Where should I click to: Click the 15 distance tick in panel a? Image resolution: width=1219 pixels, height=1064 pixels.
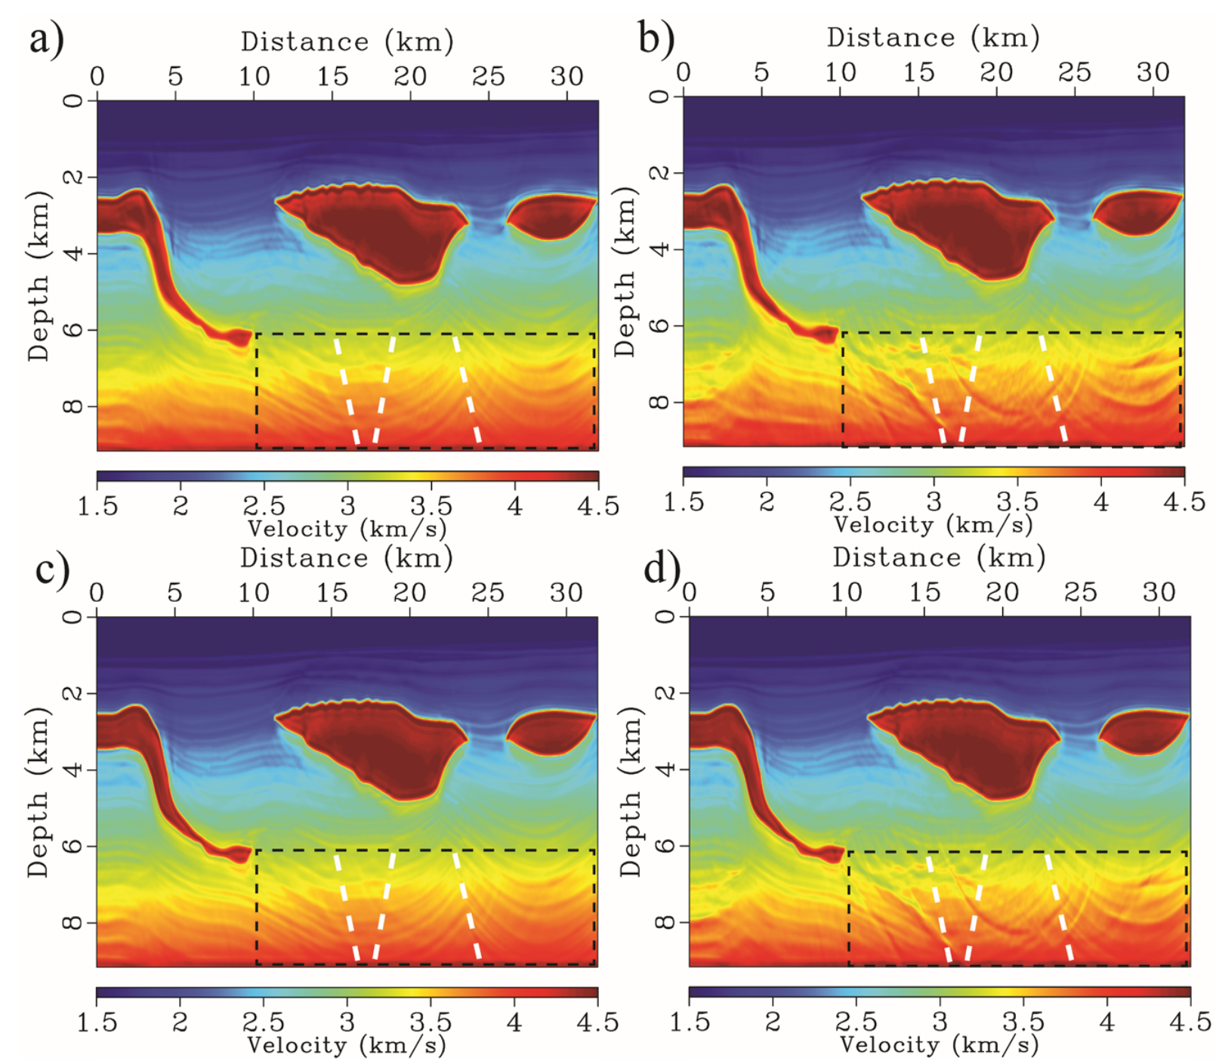(332, 76)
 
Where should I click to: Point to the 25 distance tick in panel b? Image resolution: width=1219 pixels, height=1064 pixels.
(1074, 72)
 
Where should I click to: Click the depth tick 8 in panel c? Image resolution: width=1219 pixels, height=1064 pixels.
(73, 923)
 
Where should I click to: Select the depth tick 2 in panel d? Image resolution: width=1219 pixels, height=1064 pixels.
(665, 692)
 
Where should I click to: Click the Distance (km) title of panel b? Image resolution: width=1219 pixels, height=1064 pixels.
(933, 37)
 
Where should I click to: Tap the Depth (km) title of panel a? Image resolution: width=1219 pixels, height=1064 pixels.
(39, 276)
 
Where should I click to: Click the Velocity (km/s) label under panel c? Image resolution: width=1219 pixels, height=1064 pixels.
(347, 1045)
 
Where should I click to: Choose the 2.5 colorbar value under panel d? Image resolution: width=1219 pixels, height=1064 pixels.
(855, 1022)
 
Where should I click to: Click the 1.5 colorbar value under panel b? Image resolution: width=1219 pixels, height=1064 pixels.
(684, 501)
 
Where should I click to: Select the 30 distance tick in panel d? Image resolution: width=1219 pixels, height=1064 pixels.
(1159, 593)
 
